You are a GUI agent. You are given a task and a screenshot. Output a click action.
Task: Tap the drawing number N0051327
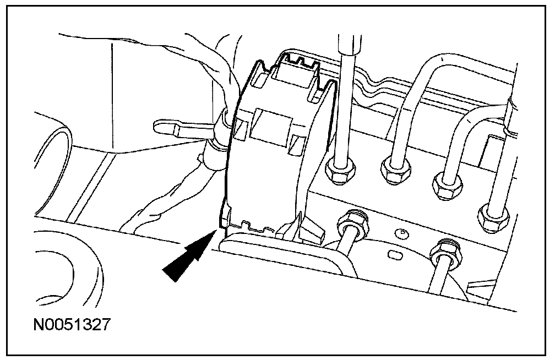pyautogui.click(x=71, y=324)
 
